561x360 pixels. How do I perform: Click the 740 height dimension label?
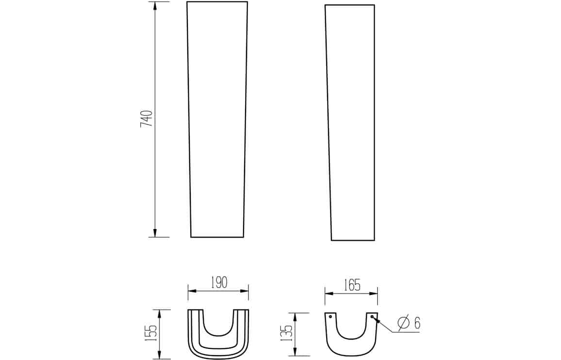(x=147, y=119)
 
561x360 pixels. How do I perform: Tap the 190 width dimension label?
(x=218, y=282)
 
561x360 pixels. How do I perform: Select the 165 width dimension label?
(x=352, y=285)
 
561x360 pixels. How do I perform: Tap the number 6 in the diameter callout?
(x=417, y=323)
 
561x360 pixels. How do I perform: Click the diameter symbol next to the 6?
(x=404, y=323)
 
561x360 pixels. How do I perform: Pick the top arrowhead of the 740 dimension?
(x=155, y=6)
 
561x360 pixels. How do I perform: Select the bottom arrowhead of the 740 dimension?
(x=155, y=232)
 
